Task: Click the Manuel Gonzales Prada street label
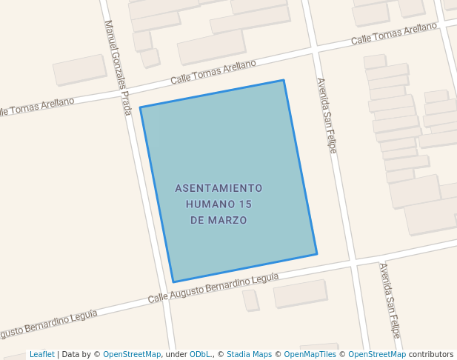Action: (x=119, y=67)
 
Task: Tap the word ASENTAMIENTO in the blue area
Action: (x=219, y=188)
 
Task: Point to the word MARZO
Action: (x=227, y=221)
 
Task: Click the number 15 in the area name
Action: (x=246, y=204)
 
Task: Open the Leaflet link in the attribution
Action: (x=41, y=354)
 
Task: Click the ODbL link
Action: (x=199, y=354)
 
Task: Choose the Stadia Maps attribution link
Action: (x=249, y=354)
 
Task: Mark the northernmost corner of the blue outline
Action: (x=284, y=80)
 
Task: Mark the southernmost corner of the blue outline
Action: (x=173, y=282)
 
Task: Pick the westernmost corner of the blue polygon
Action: (x=140, y=107)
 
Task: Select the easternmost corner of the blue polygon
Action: (x=317, y=254)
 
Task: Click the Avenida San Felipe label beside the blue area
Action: (x=327, y=116)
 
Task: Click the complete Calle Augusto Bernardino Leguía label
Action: (x=213, y=287)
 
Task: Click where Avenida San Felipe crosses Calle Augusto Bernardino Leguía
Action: (x=353, y=261)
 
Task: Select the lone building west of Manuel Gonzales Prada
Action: (x=79, y=70)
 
